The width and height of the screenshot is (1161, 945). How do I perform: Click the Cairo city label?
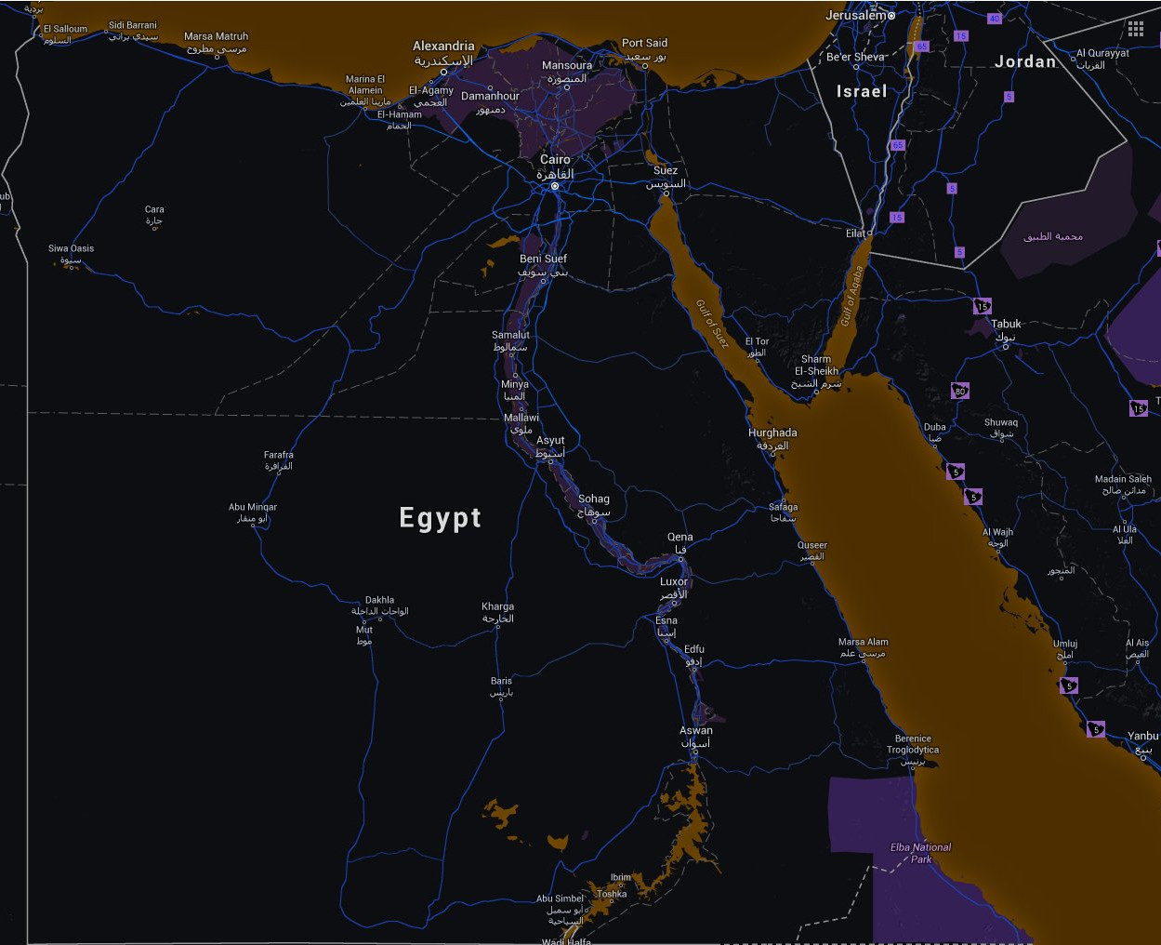pos(556,160)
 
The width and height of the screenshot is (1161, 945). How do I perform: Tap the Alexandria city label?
pos(443,47)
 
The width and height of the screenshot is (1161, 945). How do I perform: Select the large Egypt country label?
pos(440,518)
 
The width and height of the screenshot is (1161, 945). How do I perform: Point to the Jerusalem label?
pos(855,15)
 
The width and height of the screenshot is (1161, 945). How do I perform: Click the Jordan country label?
pos(1025,62)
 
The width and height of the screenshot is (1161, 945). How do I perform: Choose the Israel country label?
pos(861,91)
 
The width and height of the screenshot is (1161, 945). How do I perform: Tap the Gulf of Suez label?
pos(712,325)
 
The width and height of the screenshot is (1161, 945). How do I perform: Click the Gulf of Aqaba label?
pos(851,296)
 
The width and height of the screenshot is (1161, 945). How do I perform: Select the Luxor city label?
pos(674,582)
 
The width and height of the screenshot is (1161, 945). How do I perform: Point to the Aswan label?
pos(696,731)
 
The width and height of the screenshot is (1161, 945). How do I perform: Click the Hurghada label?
pos(772,433)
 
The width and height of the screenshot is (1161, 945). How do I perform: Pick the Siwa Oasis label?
pos(71,249)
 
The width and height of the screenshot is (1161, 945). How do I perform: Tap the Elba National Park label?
pos(920,853)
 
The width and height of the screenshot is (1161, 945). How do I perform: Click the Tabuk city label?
pos(1006,325)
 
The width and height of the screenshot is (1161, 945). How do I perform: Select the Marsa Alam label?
pos(863,643)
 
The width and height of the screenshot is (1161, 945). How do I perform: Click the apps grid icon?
pos(1136,29)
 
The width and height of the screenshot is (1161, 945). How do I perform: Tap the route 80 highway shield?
pos(960,392)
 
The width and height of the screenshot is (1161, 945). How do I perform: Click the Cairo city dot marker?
pos(555,186)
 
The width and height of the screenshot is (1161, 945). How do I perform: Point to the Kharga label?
pos(497,607)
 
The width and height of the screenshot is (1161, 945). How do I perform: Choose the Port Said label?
pos(644,44)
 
